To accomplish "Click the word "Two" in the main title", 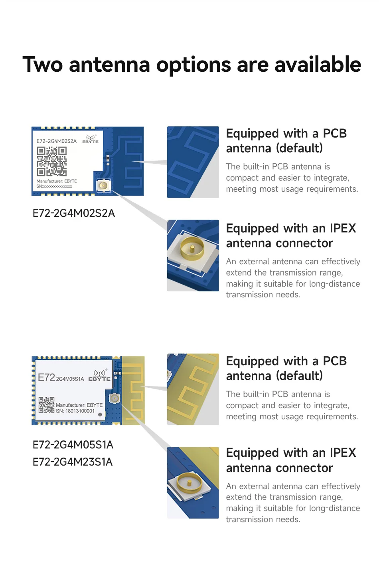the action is click(42, 64).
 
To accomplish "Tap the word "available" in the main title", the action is click(318, 64).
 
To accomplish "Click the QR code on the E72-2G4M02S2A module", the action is click(52, 161).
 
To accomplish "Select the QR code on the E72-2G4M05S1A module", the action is click(46, 405).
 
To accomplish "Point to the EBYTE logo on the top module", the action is click(91, 140).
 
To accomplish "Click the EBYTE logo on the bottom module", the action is click(99, 375).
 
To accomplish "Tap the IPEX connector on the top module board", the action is click(103, 186).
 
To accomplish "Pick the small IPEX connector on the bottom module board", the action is click(114, 398).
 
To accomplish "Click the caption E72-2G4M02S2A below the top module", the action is click(74, 213).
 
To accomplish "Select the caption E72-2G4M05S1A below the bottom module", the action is click(73, 445).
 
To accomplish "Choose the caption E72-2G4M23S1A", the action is click(73, 462).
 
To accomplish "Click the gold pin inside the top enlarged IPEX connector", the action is click(192, 248).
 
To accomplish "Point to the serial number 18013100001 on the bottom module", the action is click(80, 411).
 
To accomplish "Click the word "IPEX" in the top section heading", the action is click(343, 228).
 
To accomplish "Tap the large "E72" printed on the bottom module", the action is click(46, 377).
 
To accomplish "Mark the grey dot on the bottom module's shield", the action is click(100, 415).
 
